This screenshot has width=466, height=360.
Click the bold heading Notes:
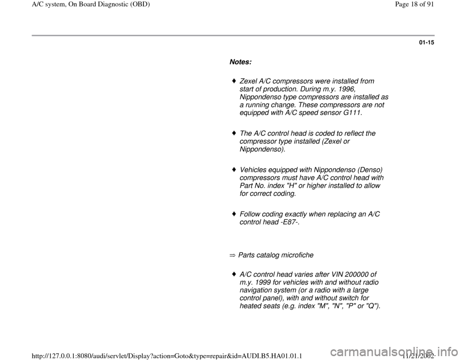[240, 63]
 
